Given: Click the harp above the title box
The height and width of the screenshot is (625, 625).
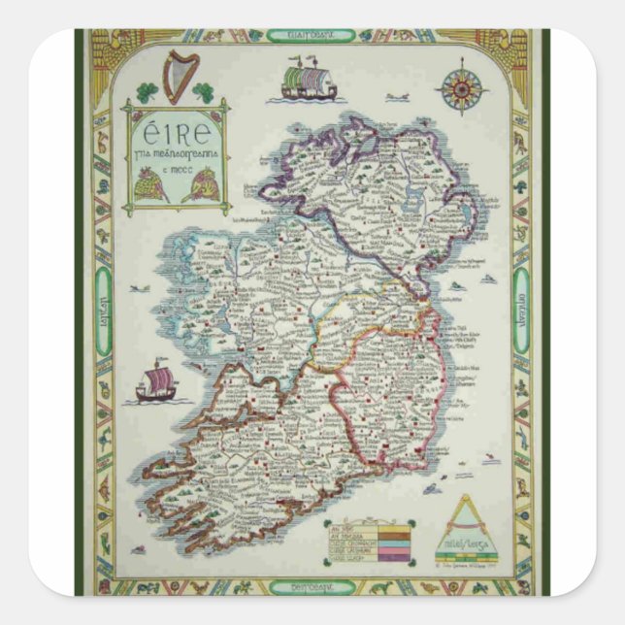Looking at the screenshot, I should (181, 76).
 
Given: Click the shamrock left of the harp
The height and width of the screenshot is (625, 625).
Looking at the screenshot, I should (147, 93).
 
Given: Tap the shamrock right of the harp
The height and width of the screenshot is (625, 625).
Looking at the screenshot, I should (204, 92).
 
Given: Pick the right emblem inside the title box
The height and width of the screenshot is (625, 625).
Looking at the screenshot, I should (201, 183).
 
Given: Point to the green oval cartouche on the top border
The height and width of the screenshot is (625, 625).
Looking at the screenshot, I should (312, 36).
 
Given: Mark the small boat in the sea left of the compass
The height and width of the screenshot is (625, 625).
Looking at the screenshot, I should (395, 97).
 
